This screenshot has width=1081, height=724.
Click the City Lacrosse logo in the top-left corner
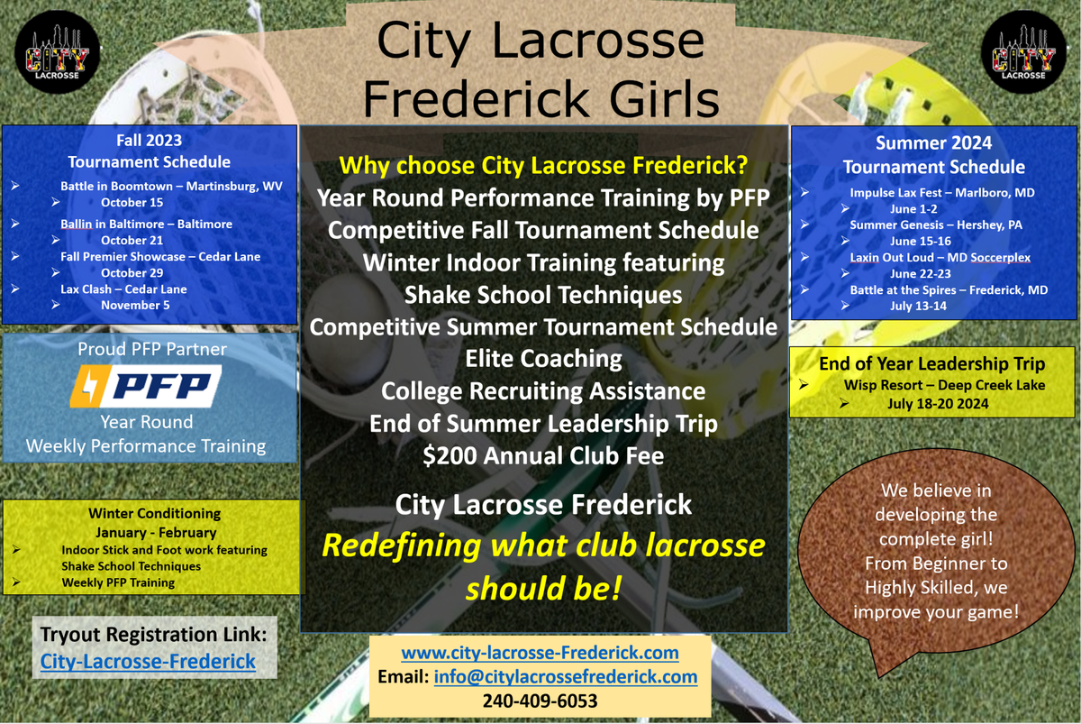click(x=58, y=58)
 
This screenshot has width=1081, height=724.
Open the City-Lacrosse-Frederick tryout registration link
click(x=148, y=662)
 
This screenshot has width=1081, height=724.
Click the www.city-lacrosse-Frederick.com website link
click(x=540, y=652)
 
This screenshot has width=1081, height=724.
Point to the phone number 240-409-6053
click(x=540, y=701)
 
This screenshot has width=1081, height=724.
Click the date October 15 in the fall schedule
click(x=132, y=203)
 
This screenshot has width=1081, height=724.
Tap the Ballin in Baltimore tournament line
click(x=146, y=224)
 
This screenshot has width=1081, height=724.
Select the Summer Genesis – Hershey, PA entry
click(x=936, y=225)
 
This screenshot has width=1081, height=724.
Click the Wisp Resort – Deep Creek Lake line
click(x=932, y=386)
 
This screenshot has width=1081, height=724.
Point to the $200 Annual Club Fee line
click(x=543, y=455)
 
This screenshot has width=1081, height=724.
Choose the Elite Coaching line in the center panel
click(x=543, y=358)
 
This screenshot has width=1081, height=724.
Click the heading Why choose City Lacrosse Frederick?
click(x=543, y=166)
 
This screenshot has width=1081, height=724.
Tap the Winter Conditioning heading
click(x=154, y=513)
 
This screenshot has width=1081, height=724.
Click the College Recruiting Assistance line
click(x=543, y=390)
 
